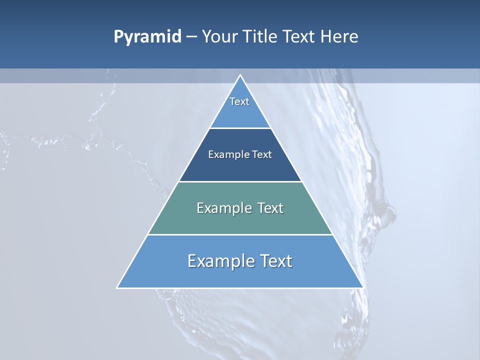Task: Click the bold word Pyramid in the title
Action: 147,37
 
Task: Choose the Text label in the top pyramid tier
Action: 239,101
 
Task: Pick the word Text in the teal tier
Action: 270,208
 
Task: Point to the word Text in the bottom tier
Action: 275,261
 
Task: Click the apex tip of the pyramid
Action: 240,75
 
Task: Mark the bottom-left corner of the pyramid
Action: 117,287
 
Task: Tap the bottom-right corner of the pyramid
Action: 362,287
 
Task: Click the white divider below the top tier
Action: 240,128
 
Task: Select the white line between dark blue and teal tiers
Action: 240,181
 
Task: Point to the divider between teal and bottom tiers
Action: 240,234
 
